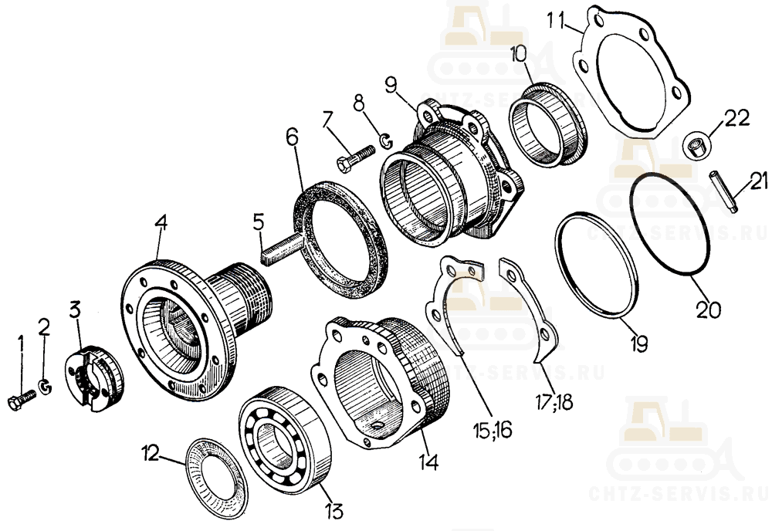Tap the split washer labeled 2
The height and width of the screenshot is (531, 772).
[46, 387]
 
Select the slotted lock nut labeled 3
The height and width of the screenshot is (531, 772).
[95, 378]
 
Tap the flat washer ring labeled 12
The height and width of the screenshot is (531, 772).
[216, 478]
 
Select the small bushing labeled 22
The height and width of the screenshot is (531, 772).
[696, 145]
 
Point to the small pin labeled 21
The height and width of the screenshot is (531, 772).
[723, 191]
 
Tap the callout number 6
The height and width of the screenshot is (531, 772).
[292, 137]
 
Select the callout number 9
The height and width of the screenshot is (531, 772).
[391, 86]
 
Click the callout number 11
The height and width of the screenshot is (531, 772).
[557, 21]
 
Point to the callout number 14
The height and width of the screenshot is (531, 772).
[428, 462]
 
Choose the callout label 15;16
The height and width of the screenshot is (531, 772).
[493, 430]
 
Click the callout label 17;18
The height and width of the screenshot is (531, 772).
[554, 402]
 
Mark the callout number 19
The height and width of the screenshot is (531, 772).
[638, 343]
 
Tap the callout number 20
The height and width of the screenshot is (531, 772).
[709, 310]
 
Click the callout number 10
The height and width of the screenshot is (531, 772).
[519, 53]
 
